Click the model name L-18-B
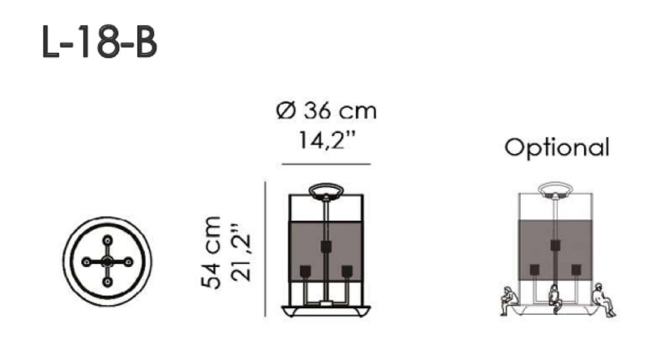[x=100, y=41]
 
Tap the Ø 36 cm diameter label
[x=326, y=111]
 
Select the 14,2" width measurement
[x=327, y=140]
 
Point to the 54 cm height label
[x=211, y=253]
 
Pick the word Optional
[x=557, y=148]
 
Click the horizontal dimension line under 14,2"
[x=326, y=164]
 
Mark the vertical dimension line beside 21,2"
[x=265, y=249]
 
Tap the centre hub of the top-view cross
[x=107, y=262]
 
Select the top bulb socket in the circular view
[x=107, y=240]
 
